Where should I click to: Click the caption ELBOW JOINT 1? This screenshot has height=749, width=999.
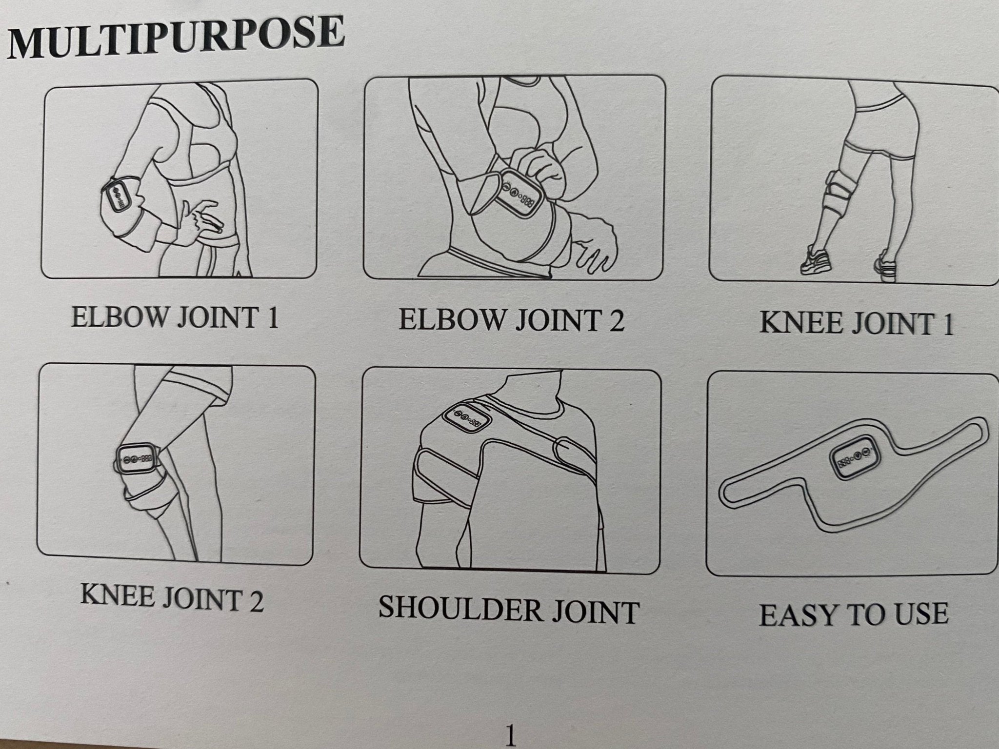pos(175,317)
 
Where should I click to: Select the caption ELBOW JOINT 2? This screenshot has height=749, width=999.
pos(512,320)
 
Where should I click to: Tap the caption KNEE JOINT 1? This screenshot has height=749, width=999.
pos(857,323)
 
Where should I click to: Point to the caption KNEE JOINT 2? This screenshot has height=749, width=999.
pos(172,598)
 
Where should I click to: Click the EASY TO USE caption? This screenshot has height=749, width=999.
pos(854,614)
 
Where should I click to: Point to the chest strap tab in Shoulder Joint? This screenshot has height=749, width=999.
pos(576,447)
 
